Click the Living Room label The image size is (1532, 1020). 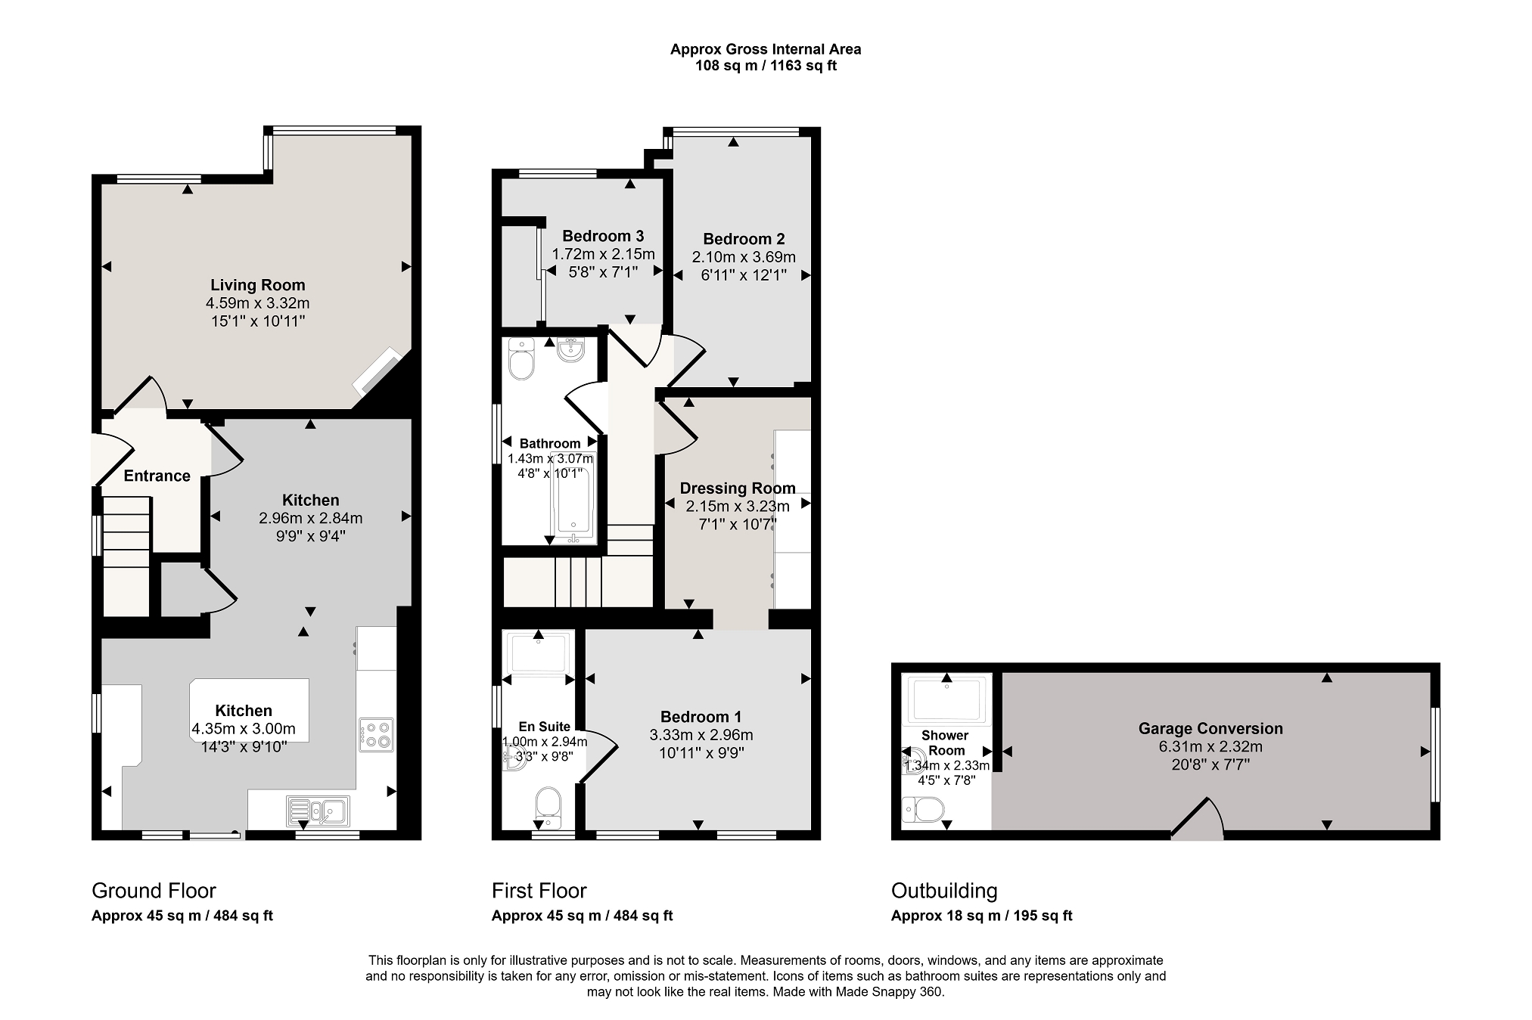click(x=258, y=285)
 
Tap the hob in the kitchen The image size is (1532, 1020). click(x=376, y=733)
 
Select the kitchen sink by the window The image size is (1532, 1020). click(x=318, y=811)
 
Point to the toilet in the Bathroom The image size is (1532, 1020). click(x=521, y=359)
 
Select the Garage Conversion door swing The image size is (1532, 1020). click(x=1197, y=818)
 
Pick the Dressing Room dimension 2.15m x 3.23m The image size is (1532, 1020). click(x=738, y=507)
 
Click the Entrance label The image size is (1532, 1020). click(x=157, y=476)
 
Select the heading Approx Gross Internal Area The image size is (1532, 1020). click(x=766, y=49)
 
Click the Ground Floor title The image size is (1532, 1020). click(x=154, y=891)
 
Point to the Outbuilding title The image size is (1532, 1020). click(x=944, y=891)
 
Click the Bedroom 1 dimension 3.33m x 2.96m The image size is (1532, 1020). click(x=701, y=735)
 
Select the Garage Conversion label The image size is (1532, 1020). click(x=1210, y=729)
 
